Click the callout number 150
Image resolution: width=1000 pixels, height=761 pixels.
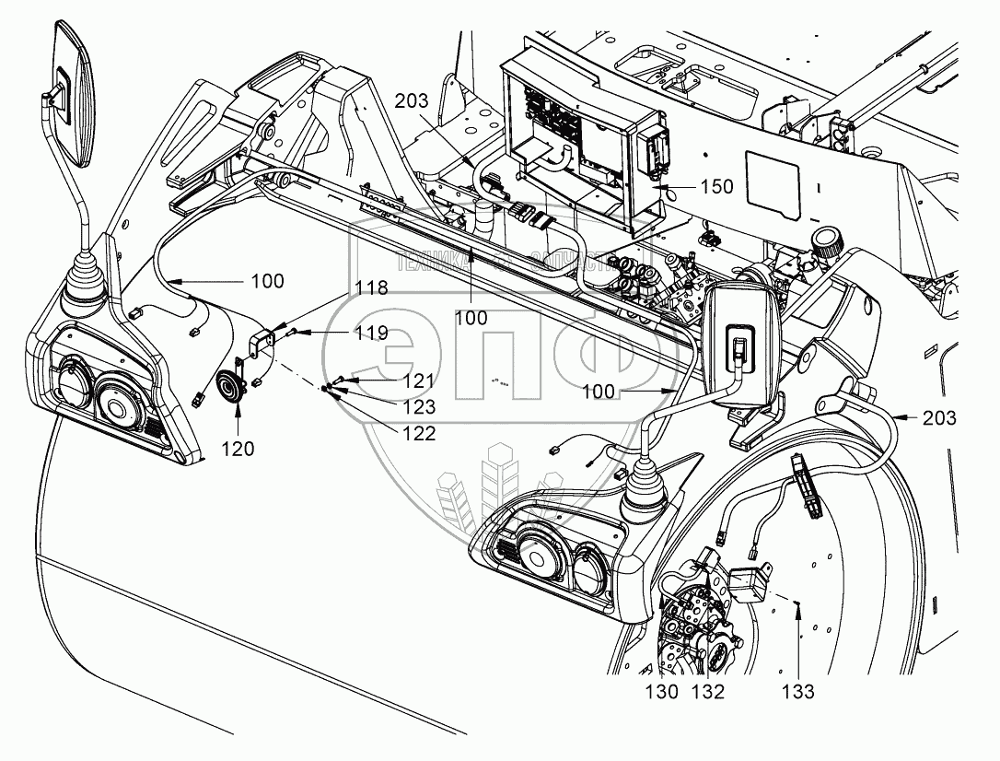coord(715,187)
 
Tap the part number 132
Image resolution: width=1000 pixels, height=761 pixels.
coord(709,691)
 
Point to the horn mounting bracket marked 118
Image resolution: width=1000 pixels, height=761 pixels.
coord(263,341)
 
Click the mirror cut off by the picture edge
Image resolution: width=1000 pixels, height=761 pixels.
coord(69,92)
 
